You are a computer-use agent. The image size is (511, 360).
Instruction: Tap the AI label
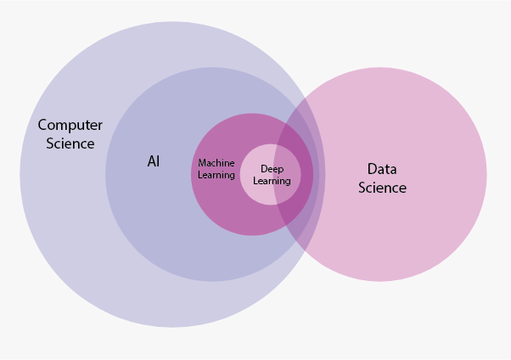pyautogui.click(x=154, y=160)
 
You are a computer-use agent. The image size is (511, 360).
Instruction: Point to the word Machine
pyautogui.click(x=216, y=163)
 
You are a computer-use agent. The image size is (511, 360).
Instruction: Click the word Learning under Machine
pyautogui.click(x=216, y=175)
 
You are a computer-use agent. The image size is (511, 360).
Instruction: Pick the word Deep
pyautogui.click(x=272, y=169)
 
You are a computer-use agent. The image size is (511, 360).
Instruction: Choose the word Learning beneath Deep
pyautogui.click(x=272, y=181)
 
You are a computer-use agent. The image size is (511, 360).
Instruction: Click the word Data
pyautogui.click(x=382, y=169)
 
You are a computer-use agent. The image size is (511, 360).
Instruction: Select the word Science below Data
pyautogui.click(x=382, y=188)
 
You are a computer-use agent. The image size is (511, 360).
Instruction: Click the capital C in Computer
pyautogui.click(x=43, y=126)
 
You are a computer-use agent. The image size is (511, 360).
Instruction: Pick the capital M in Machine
pyautogui.click(x=202, y=163)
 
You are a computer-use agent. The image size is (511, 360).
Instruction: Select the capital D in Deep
pyautogui.click(x=263, y=169)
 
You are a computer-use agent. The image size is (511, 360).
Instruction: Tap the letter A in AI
pyautogui.click(x=150, y=160)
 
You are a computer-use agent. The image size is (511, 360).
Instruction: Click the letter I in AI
pyautogui.click(x=158, y=160)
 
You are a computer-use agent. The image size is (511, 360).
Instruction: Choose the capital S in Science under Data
pyautogui.click(x=362, y=188)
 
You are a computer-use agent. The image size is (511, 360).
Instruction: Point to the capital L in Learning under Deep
pyautogui.click(x=255, y=181)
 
